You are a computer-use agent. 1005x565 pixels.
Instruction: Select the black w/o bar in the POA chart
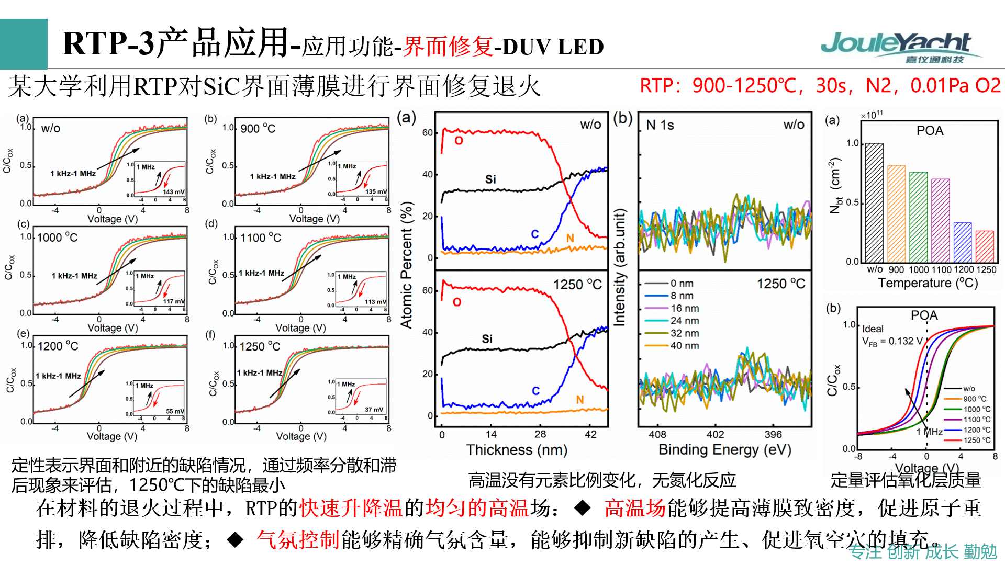click(874, 203)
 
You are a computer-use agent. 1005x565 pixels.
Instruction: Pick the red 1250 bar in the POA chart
click(985, 246)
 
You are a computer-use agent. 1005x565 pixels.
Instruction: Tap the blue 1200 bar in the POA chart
click(963, 242)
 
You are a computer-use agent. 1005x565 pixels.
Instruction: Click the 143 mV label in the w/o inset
click(173, 192)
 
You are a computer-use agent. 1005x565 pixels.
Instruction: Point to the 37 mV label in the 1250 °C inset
click(374, 410)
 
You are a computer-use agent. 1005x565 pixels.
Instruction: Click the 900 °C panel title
click(258, 129)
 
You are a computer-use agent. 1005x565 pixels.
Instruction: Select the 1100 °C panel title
click(260, 238)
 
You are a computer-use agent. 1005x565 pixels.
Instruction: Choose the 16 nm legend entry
click(685, 308)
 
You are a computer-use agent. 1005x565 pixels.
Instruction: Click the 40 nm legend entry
click(685, 346)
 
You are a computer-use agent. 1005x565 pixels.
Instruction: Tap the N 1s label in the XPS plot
click(660, 125)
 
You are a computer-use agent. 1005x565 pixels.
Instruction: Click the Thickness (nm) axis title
click(517, 450)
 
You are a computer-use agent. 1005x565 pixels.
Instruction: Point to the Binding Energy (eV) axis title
click(724, 449)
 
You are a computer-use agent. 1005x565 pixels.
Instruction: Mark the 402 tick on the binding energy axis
click(715, 434)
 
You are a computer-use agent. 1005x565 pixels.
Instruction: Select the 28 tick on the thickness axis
click(540, 434)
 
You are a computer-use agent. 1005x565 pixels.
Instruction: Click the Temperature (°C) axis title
click(928, 283)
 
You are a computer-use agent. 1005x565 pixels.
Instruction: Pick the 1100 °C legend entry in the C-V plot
click(977, 420)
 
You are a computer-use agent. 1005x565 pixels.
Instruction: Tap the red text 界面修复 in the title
click(448, 46)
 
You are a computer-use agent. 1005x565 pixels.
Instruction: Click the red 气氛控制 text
click(298, 540)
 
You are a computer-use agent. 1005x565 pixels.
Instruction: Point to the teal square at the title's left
click(24, 44)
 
